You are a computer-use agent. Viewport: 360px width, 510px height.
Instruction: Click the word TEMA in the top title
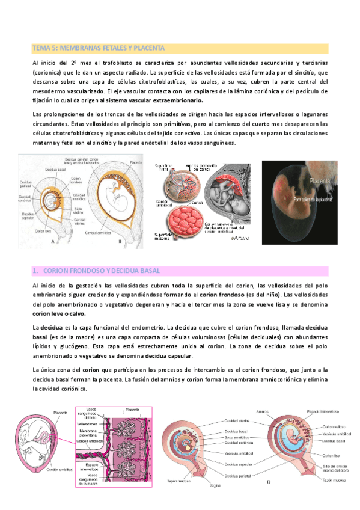point(41,48)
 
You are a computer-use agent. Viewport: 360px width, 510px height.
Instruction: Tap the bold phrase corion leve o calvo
point(59,313)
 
